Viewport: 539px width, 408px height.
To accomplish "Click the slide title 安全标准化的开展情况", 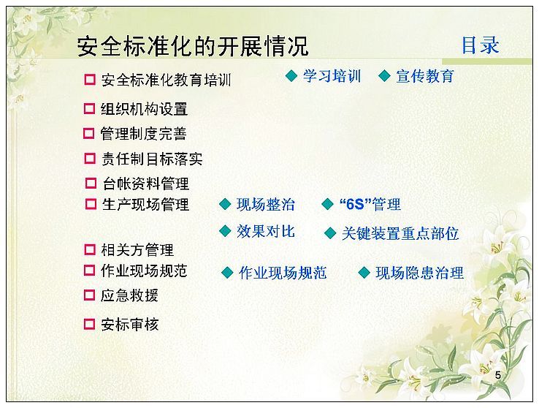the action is pos(193,46).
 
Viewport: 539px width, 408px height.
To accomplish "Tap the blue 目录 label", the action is pos(480,45).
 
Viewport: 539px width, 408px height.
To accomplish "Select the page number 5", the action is pos(498,375).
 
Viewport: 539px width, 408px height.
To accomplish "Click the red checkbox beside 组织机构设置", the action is pos(89,109).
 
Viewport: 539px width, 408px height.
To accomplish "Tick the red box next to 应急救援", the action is pos(89,295).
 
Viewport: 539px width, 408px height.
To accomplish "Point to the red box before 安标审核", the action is pos(89,324).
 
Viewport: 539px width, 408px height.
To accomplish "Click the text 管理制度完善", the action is pos(143,134).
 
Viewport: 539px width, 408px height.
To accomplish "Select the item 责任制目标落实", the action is pos(152,159).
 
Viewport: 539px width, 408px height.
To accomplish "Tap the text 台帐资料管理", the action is pos(146,184).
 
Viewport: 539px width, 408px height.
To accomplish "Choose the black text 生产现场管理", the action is pos(146,204).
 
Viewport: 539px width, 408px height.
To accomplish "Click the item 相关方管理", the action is pos(137,250).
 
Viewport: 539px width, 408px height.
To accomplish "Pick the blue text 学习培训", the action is pos(332,76).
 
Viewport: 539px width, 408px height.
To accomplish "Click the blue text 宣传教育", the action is pos(425,76).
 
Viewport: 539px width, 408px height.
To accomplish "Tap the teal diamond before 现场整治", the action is pos(225,204).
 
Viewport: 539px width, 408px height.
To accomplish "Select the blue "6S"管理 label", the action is pos(370,204).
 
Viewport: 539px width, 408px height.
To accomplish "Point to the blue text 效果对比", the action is pos(266,231).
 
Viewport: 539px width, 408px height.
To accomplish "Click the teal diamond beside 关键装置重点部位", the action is pos(330,233).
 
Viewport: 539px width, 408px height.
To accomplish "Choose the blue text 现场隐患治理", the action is pos(419,273).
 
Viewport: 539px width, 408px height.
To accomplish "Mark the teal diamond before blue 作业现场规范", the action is pos(227,273).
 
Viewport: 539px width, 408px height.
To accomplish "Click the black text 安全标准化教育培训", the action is pos(166,80).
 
